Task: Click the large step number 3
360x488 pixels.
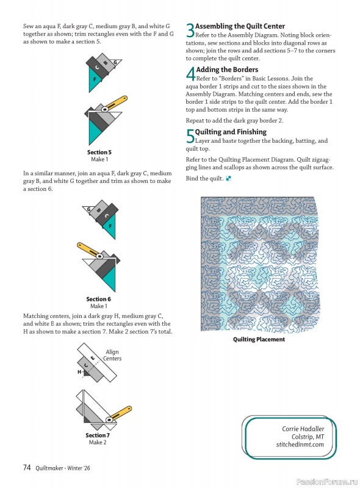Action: (x=190, y=30)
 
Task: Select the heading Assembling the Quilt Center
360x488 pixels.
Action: (x=240, y=26)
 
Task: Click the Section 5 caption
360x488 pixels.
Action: (x=99, y=152)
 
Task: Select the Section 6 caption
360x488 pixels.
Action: (x=98, y=299)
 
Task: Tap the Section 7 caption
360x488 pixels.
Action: (x=98, y=435)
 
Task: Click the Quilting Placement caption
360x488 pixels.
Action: (x=259, y=339)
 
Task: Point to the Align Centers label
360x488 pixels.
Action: (x=112, y=355)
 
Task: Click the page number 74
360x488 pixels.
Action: (x=27, y=468)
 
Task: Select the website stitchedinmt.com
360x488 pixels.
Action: (x=300, y=445)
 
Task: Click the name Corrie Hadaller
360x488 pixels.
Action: (x=303, y=429)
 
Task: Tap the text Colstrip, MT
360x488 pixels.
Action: (x=308, y=437)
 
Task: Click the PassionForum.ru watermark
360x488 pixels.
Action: (x=326, y=481)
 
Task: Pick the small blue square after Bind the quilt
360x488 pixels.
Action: (x=228, y=179)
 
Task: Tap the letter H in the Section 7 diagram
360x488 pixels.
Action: (x=79, y=371)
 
